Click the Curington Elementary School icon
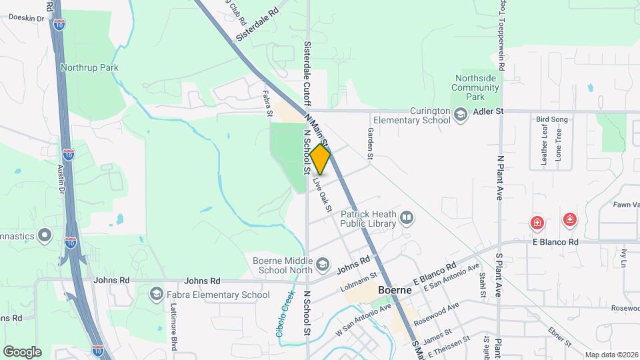point(460,115)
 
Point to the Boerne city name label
point(397,291)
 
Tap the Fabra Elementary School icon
point(157,294)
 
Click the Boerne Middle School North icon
point(323,265)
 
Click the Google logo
point(22,351)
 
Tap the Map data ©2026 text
point(611,355)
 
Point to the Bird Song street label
point(550,119)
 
